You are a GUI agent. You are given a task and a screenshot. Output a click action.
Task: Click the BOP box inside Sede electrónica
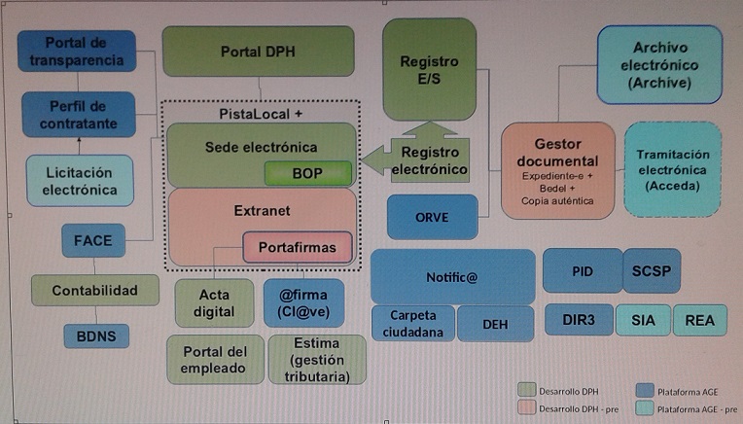[308, 173]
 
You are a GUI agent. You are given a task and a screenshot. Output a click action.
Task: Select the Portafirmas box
[298, 247]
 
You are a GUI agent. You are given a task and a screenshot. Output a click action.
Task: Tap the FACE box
[93, 240]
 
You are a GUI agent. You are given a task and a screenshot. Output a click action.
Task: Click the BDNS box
[96, 336]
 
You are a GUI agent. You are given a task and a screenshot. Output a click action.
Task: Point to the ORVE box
[432, 217]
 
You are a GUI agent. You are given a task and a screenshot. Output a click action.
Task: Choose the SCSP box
[652, 271]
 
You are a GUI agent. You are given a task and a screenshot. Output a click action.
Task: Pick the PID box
[583, 271]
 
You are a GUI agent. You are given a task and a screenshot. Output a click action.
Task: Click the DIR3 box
[579, 320]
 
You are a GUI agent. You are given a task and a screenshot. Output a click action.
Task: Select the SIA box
[643, 320]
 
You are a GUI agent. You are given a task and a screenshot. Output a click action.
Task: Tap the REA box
[700, 320]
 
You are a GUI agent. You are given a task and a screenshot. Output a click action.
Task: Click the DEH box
[495, 324]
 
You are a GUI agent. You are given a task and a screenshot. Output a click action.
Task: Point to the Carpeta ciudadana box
[412, 324]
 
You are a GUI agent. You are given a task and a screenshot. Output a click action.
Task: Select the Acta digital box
[214, 303]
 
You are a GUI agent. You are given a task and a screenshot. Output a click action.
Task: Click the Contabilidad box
[94, 290]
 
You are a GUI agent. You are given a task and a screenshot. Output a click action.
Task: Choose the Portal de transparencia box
[77, 52]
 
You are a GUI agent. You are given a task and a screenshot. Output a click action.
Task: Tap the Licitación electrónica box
[80, 181]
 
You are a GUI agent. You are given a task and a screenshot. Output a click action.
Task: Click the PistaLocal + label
[261, 114]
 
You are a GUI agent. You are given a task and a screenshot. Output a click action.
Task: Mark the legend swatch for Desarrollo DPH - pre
[526, 407]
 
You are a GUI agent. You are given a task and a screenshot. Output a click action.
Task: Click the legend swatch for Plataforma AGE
[645, 391]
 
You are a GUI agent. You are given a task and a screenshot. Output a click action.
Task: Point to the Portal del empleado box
[215, 360]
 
